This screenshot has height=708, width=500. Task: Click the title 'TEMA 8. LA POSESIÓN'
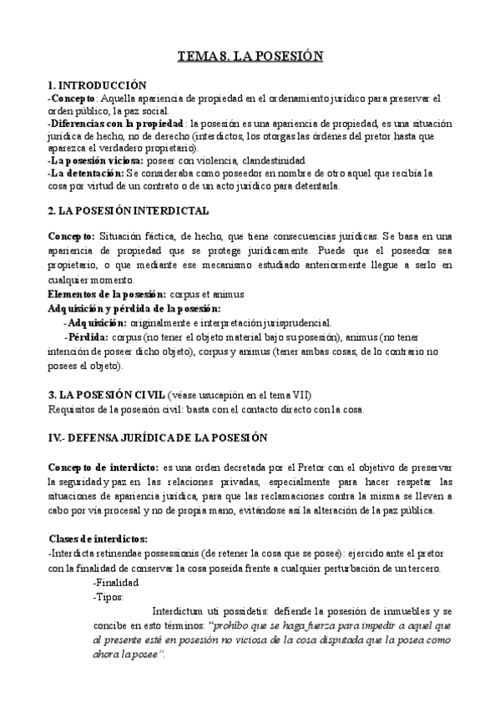[250, 57]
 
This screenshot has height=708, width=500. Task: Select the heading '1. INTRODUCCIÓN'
[98, 85]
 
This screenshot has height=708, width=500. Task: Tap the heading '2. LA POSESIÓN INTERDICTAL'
[129, 211]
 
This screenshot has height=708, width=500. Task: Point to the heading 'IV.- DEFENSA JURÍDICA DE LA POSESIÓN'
[157, 437]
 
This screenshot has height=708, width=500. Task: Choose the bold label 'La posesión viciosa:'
[96, 159]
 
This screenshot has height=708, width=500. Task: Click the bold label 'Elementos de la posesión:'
[108, 295]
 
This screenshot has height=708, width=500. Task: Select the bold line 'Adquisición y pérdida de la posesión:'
[134, 308]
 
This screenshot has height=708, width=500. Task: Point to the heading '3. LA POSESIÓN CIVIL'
[106, 394]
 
